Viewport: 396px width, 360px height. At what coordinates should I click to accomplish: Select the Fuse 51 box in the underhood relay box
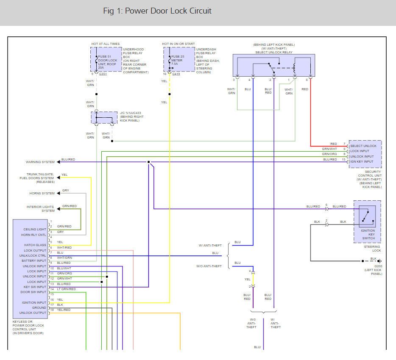pos(106,59)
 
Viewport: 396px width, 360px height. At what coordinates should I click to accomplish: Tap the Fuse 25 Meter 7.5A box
pos(178,59)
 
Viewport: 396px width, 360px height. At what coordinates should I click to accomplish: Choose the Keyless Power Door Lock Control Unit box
pos(30,269)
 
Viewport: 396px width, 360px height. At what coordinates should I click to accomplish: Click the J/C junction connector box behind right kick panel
pos(104,118)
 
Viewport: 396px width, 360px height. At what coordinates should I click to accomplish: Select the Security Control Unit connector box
pos(365,153)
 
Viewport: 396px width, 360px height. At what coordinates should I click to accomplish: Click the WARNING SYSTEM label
pos(40,162)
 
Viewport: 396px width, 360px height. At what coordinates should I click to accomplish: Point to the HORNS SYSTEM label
pos(42,194)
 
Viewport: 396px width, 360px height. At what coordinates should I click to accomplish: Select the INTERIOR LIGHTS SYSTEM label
pos(40,209)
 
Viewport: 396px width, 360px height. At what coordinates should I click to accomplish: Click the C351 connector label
pos(102,74)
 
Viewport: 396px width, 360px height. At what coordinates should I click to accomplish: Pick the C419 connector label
pos(176,74)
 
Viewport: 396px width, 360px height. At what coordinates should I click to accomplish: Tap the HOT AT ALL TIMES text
pos(105,44)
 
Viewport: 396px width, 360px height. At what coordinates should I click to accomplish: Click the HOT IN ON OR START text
pos(178,44)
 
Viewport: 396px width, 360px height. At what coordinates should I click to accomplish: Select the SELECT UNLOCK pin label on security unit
pos(363,146)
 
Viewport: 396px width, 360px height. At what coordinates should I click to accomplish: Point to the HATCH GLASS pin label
pos(35,245)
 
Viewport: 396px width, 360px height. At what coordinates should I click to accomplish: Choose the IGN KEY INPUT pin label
pos(362,161)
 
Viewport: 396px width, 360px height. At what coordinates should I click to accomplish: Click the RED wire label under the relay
pos(305,89)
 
